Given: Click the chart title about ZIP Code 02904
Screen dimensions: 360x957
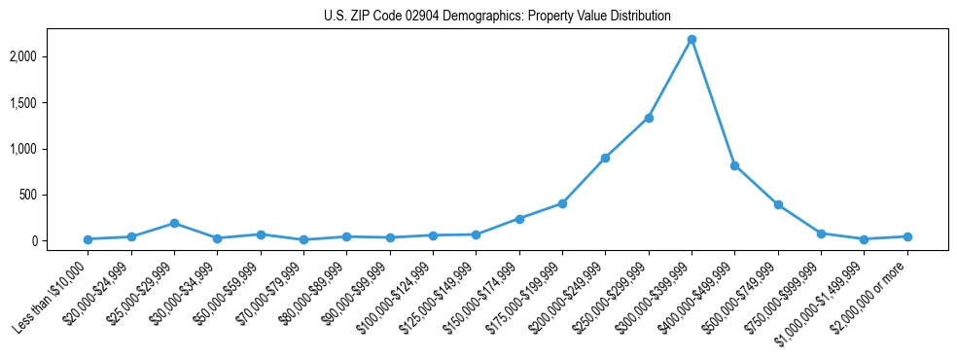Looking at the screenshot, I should [497, 16].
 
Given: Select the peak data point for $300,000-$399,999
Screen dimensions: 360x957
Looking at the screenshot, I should [691, 40].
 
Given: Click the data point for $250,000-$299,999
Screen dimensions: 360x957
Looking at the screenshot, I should [649, 118].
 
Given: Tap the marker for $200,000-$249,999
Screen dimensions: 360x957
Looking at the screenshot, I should [605, 158].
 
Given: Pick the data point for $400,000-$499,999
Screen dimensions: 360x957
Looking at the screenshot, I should [734, 165].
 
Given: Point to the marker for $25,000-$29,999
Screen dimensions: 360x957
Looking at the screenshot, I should [174, 223].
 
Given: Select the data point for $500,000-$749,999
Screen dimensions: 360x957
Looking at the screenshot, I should [778, 204].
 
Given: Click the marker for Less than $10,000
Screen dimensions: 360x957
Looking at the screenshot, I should [88, 239].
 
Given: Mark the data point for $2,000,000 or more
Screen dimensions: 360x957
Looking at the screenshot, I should [907, 236].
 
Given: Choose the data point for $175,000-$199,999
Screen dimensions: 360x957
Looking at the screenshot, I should [562, 203].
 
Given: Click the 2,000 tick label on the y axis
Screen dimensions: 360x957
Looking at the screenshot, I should [51, 56].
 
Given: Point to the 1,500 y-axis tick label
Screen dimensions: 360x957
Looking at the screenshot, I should [51, 103].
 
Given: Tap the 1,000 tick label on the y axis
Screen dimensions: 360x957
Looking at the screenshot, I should [51, 149].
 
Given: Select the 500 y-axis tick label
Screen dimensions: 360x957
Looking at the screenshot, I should [56, 195].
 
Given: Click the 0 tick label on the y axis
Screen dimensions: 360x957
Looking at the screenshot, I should [62, 241].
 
